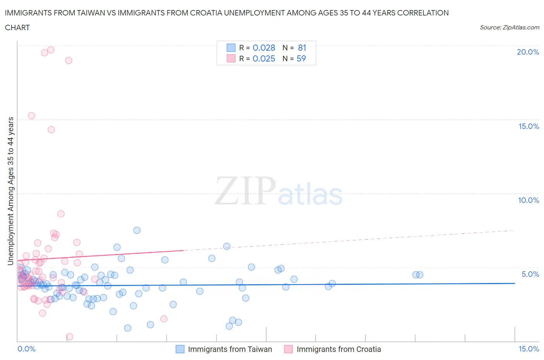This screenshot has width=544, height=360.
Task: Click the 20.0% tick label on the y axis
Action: (x=528, y=52)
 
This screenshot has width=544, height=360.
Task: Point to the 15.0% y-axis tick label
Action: (x=529, y=126)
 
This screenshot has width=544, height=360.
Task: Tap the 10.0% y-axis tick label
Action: (x=529, y=200)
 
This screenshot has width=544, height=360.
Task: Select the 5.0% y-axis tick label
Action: (x=530, y=274)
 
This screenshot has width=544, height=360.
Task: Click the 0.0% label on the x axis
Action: (x=26, y=349)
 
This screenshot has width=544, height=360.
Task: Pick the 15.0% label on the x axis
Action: (x=529, y=349)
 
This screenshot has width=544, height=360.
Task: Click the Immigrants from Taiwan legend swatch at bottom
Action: (x=180, y=349)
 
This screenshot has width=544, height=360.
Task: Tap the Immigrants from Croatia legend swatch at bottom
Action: (x=288, y=349)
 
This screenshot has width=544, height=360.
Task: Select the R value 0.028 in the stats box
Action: (x=264, y=48)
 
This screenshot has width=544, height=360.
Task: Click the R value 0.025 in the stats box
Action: (x=264, y=58)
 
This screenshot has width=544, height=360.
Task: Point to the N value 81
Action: (x=302, y=48)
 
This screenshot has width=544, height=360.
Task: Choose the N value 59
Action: (x=301, y=58)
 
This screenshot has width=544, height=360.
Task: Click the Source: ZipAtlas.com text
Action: (x=509, y=27)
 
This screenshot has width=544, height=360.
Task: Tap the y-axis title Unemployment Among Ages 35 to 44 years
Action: (x=10, y=191)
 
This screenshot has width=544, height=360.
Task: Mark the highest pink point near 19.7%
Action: (x=50, y=50)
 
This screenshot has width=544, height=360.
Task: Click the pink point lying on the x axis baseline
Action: (x=70, y=337)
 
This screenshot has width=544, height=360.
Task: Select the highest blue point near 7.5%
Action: (x=137, y=230)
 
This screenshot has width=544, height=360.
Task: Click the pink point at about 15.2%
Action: (x=31, y=116)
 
